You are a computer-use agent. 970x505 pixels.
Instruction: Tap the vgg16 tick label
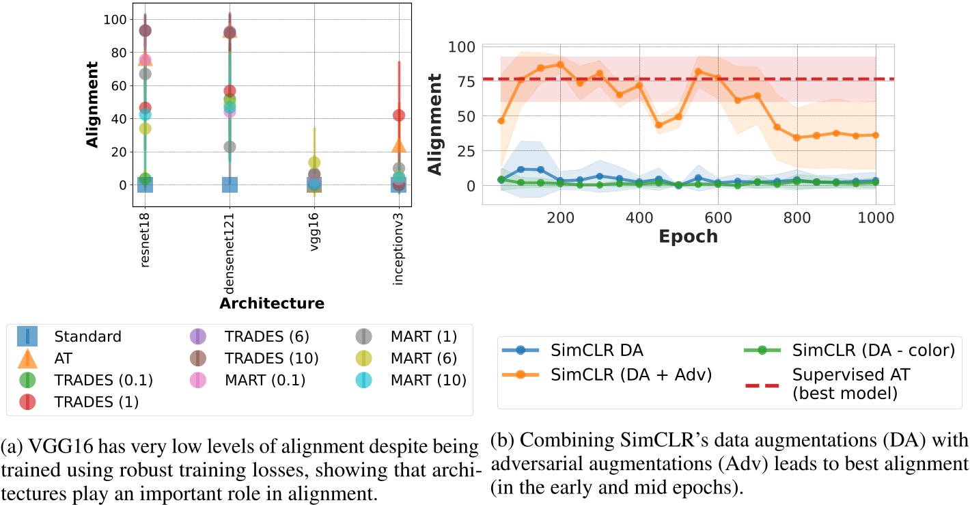[x=314, y=230]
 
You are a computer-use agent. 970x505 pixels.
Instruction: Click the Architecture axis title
[x=271, y=302]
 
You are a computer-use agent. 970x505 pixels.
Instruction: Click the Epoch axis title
[x=689, y=236]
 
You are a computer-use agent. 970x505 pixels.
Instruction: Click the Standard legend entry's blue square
[x=27, y=336]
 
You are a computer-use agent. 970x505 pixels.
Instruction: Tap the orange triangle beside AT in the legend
[x=27, y=358]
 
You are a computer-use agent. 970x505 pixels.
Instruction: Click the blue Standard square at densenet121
[x=230, y=185]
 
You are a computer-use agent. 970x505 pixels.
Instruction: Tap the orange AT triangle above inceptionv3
[x=399, y=146]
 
